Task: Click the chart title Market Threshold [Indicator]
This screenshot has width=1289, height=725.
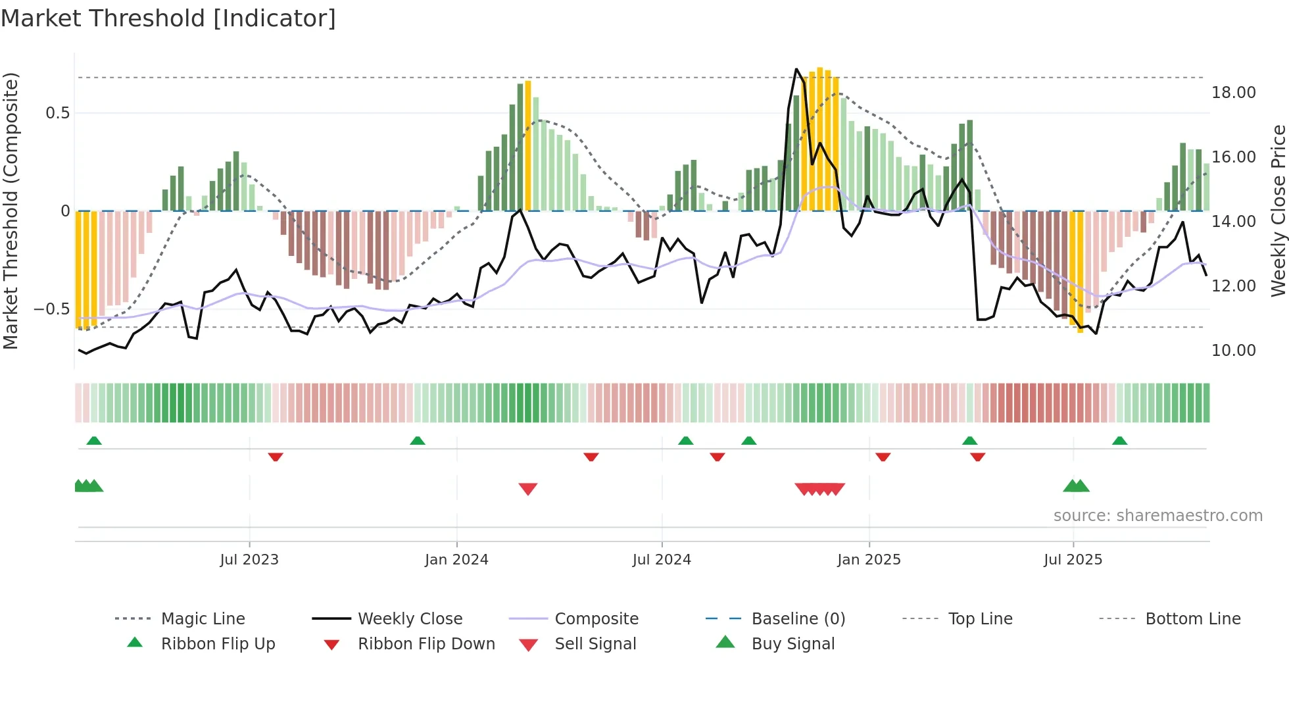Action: pos(168,18)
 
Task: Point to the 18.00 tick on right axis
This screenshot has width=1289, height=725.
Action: pos(1233,93)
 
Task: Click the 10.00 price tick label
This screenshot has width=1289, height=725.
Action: pos(1233,351)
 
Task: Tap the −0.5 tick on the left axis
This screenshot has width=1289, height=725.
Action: pos(51,309)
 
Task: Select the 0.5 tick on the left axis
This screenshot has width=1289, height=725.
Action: pos(57,113)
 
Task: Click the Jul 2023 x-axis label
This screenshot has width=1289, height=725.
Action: pos(249,560)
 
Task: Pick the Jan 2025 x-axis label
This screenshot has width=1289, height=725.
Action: pos(869,560)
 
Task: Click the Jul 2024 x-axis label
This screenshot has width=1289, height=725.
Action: pos(662,560)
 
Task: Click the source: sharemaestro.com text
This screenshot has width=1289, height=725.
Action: pos(1157,516)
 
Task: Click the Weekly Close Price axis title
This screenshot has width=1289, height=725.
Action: pos(1278,211)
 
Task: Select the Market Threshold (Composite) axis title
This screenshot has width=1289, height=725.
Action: pos(11,211)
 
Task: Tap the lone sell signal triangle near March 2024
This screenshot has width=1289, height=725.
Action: pos(528,489)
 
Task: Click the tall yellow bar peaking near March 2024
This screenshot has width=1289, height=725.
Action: pos(528,145)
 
